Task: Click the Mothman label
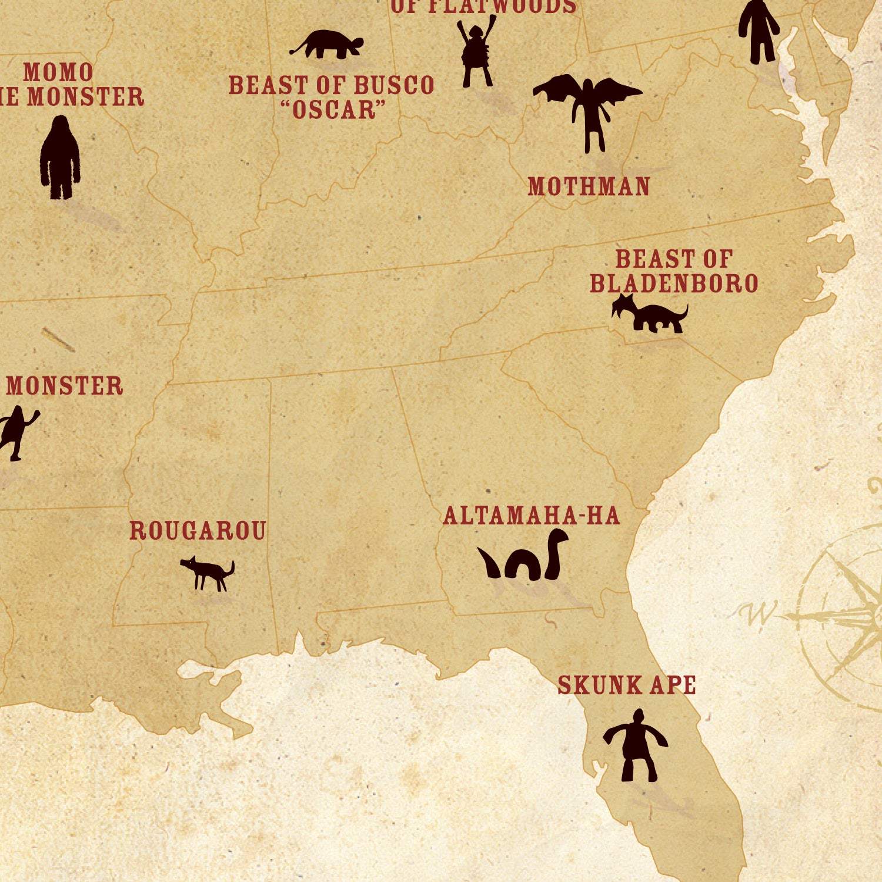589,186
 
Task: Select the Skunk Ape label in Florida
626,686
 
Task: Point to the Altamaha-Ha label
531,516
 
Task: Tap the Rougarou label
198,530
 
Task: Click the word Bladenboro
674,283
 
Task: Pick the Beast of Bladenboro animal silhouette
650,314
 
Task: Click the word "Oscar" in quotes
334,109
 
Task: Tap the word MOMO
58,72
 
